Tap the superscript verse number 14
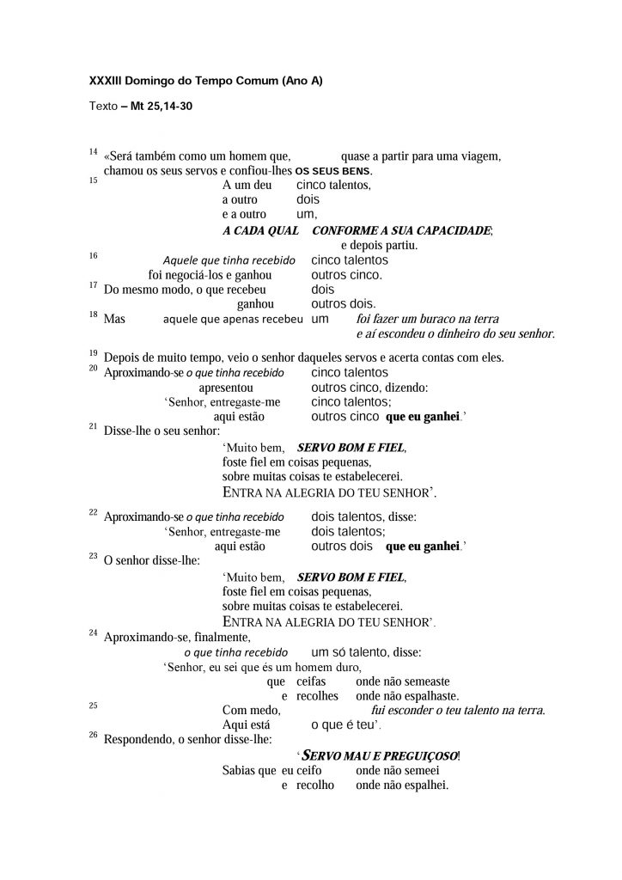tap(93, 152)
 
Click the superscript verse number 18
tap(93, 315)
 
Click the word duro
tap(348, 667)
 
